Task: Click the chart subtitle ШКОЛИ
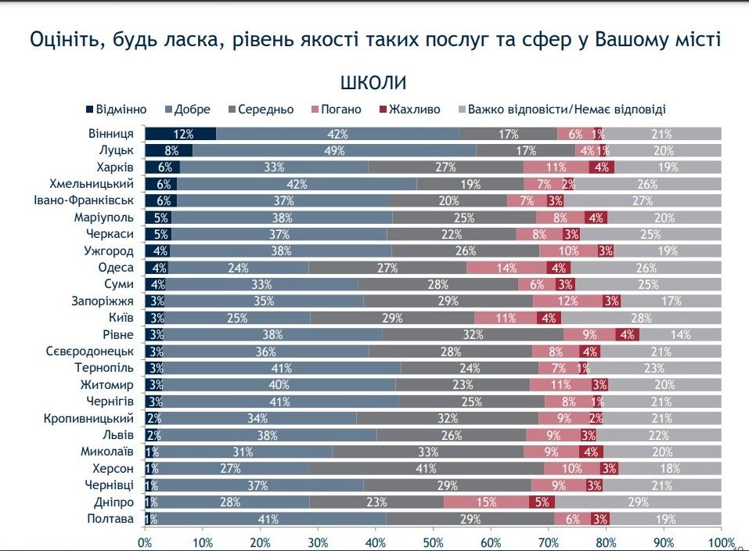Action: [373, 83]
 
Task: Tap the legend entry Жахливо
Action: [409, 110]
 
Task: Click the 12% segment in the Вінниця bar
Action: [181, 134]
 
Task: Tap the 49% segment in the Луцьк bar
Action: [334, 150]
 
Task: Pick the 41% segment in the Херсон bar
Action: [425, 468]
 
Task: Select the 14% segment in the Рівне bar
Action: [679, 334]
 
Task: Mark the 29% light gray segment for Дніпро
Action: [638, 502]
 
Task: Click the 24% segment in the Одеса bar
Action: [238, 268]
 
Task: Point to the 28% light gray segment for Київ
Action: [640, 318]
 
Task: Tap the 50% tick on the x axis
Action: [433, 542]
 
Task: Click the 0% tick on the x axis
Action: [145, 542]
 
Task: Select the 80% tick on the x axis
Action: [606, 542]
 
